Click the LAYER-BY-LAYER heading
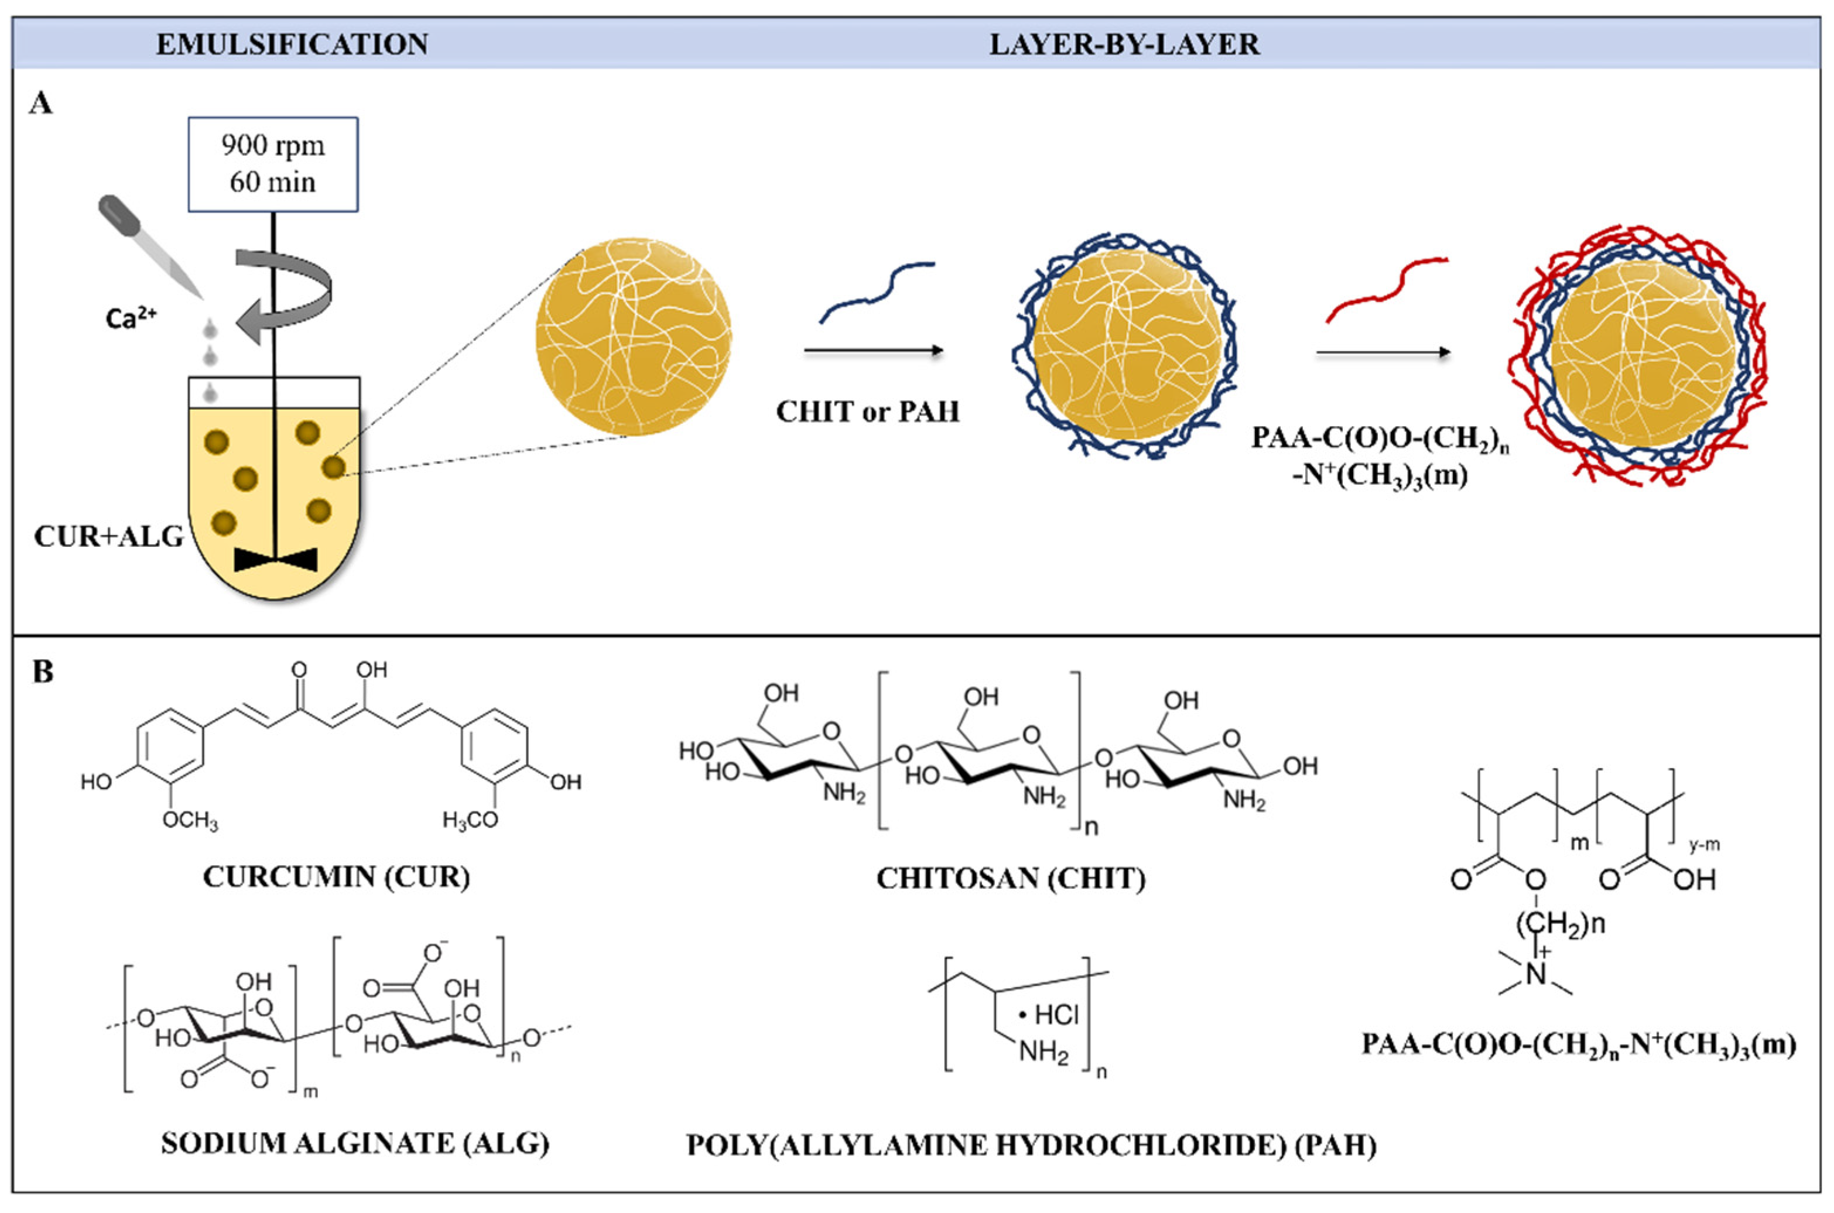[1124, 44]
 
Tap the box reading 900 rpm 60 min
[273, 164]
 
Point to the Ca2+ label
[130, 318]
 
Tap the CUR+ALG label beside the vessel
[108, 536]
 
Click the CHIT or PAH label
[867, 412]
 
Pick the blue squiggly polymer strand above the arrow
[877, 291]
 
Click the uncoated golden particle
[633, 336]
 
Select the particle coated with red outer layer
[1639, 357]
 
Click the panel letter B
[43, 671]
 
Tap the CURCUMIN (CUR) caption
[336, 876]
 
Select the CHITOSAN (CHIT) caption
[1011, 878]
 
